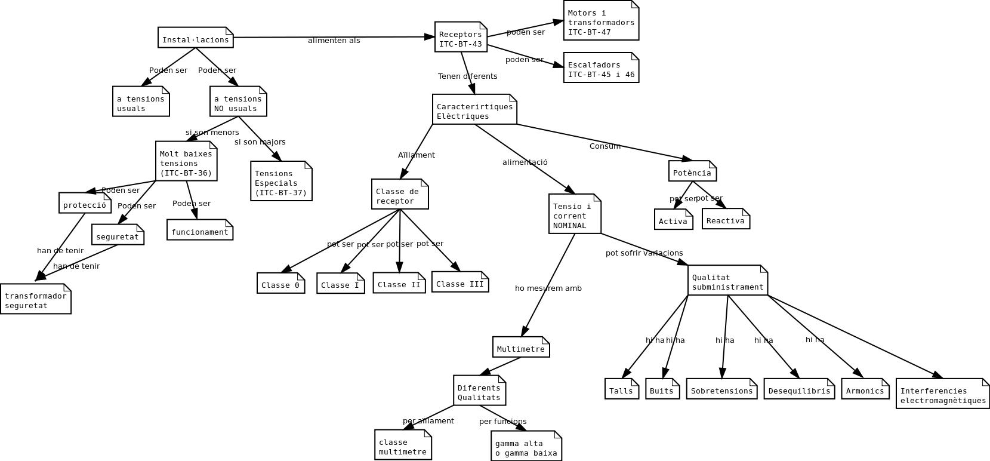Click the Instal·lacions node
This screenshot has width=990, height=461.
(x=195, y=38)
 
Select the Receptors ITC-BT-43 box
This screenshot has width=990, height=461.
(x=461, y=38)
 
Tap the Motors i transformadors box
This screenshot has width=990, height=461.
(x=601, y=21)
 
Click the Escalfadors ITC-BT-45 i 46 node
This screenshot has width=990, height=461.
(x=601, y=68)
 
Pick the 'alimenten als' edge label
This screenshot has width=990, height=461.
(x=334, y=41)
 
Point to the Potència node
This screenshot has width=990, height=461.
(x=692, y=171)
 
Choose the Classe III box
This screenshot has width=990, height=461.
(x=460, y=282)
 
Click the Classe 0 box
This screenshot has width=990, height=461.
(x=280, y=284)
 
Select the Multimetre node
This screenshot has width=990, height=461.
(x=521, y=348)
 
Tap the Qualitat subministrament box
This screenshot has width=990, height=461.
(x=727, y=281)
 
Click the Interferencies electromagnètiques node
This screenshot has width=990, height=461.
(x=942, y=394)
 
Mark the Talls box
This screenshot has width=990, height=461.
(x=621, y=389)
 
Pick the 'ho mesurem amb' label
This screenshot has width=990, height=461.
(x=548, y=288)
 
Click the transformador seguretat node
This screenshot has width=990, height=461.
(x=36, y=299)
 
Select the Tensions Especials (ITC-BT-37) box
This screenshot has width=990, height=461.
(x=281, y=182)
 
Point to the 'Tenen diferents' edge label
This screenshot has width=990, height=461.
(x=467, y=76)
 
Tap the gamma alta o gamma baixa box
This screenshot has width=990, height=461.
(x=526, y=447)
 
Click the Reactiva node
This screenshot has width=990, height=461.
(x=726, y=219)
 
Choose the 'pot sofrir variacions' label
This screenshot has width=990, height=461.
(x=644, y=253)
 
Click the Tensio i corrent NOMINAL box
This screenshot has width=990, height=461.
(x=575, y=214)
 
